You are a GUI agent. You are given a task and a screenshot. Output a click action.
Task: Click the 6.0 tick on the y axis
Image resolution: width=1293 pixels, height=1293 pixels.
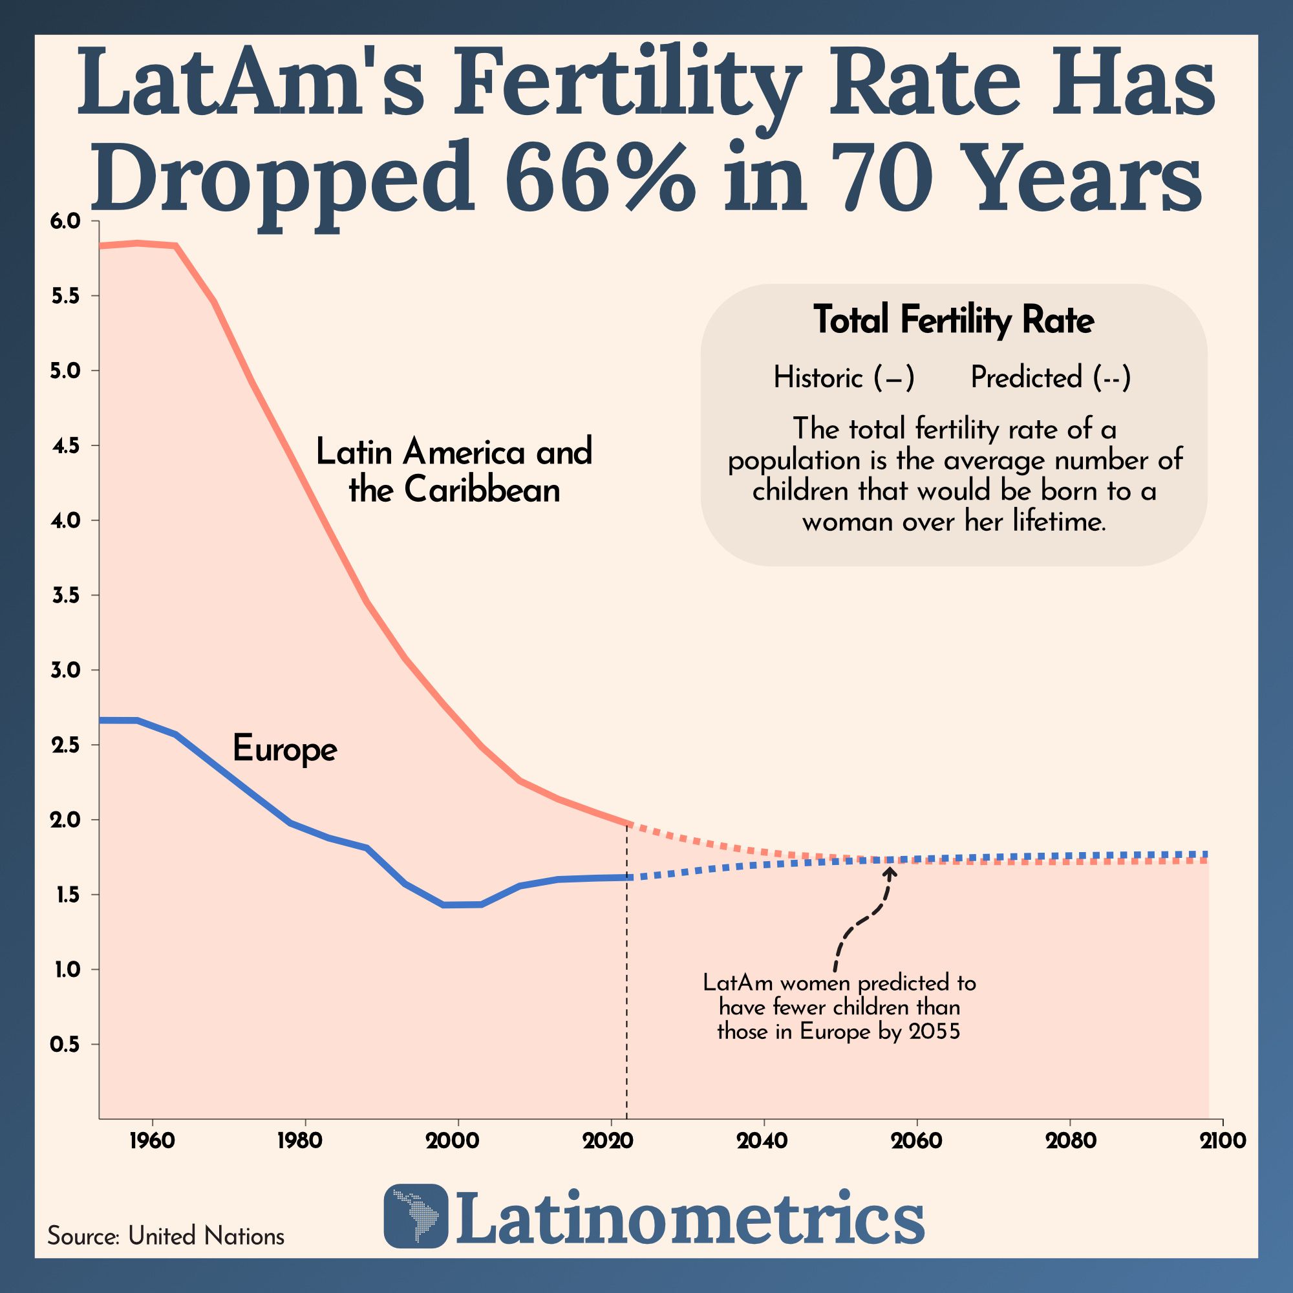(65, 221)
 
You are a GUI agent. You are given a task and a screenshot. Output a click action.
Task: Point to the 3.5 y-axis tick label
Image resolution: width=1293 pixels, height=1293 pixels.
(65, 595)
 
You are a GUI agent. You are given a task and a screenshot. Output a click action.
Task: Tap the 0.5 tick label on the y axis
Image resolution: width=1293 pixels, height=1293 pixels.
(65, 1044)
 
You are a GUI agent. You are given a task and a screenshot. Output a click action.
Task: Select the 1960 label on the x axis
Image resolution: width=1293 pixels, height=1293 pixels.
(152, 1140)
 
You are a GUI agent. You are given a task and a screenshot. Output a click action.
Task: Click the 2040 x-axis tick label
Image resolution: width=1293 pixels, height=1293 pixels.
(763, 1140)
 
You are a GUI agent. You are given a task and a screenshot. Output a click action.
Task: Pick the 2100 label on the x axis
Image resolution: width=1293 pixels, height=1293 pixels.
(1223, 1140)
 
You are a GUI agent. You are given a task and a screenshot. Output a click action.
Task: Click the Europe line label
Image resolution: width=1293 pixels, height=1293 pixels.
(284, 749)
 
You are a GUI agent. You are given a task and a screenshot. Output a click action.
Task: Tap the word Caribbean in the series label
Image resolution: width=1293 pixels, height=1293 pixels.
(482, 491)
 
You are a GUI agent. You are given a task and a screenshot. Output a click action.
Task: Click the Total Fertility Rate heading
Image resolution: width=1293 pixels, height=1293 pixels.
(954, 320)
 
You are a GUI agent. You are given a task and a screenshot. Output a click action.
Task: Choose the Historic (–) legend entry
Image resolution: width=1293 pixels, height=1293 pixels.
(843, 378)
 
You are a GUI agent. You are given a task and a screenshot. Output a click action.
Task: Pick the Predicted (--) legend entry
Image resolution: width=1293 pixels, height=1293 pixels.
(1050, 378)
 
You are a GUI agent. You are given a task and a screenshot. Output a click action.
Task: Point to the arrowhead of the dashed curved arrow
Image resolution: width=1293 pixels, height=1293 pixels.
(890, 871)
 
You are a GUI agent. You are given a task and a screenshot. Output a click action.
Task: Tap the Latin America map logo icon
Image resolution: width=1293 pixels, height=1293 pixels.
(416, 1216)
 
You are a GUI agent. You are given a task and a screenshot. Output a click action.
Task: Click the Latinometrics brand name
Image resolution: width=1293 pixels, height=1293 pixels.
(689, 1216)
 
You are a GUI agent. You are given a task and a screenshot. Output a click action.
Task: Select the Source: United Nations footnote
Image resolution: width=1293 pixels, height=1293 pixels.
(166, 1235)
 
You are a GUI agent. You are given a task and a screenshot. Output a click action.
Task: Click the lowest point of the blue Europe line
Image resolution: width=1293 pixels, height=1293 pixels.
(462, 905)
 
